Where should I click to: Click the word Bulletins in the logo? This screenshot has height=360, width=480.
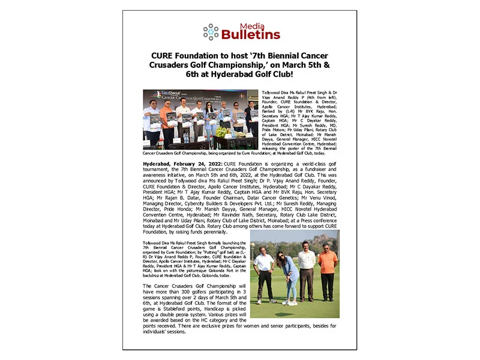tap(251, 35)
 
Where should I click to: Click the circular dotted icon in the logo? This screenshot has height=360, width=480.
tap(211, 32)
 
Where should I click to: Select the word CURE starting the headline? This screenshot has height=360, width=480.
tap(166, 55)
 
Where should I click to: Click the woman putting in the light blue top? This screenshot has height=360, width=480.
tap(290, 275)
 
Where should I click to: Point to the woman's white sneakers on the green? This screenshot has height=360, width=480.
tap(292, 302)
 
